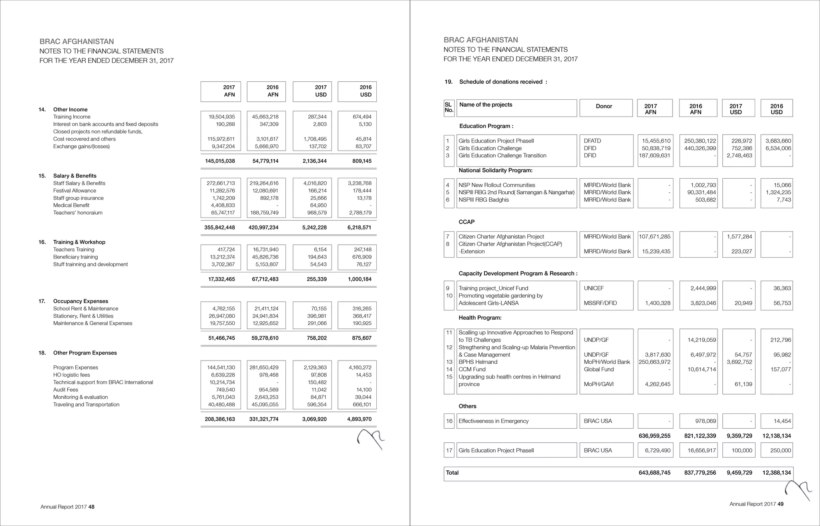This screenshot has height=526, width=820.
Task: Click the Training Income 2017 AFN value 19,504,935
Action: (222, 117)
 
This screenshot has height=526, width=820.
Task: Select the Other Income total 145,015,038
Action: (220, 161)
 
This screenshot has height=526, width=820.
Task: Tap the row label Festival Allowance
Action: (74, 191)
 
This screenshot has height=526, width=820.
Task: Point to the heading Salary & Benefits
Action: (74, 176)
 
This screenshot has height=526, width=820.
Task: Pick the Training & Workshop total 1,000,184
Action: (360, 279)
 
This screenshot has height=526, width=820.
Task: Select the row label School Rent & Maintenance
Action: (86, 308)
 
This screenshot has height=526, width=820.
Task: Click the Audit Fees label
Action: (66, 390)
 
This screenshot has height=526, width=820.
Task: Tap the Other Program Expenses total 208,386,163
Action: (220, 419)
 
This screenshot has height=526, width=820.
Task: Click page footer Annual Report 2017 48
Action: (67, 507)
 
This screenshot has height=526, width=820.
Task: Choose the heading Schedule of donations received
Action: (503, 82)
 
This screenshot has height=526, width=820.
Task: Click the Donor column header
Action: (604, 106)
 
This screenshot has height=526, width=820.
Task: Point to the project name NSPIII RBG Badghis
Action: (484, 200)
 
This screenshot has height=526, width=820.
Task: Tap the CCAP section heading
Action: (466, 222)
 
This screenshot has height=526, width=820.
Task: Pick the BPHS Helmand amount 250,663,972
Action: (654, 362)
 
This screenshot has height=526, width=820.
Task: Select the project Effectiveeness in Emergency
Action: (493, 421)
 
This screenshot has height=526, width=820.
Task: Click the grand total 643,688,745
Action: (654, 473)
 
